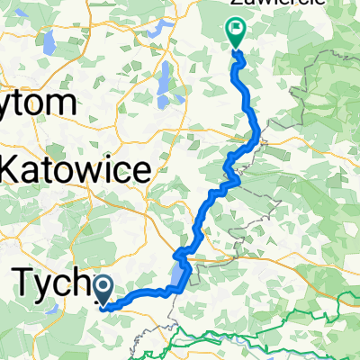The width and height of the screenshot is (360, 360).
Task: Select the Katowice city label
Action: tap(76, 168)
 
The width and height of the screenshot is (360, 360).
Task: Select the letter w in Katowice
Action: tap(82, 168)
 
